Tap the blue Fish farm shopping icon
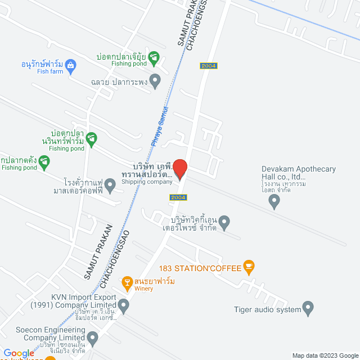coord(70,64)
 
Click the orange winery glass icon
coord(128,281)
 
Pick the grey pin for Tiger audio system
coord(308,308)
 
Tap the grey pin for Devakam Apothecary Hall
coord(274,202)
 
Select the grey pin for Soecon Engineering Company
coord(92,337)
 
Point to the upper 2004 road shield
coord(208,66)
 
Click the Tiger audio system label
coord(268,309)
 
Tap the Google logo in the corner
coord(19,353)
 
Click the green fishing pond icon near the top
coord(154,57)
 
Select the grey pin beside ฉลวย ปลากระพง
coord(156,82)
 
